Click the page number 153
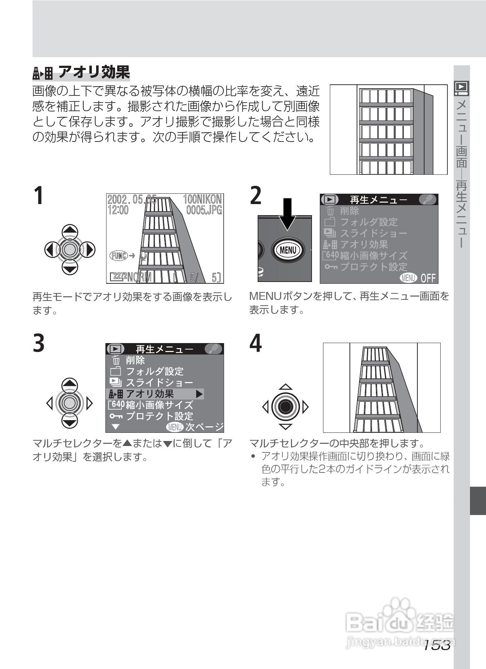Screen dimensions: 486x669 (436, 645)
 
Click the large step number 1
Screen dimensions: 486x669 (38, 196)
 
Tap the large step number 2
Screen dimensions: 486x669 (255, 196)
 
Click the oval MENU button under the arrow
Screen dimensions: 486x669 (288, 250)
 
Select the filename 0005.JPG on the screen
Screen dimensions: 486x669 (204, 209)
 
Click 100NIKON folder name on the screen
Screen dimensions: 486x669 (202, 199)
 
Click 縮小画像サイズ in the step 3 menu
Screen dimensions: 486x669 (159, 405)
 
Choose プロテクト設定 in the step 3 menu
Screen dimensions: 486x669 (159, 416)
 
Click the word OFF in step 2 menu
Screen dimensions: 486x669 (428, 278)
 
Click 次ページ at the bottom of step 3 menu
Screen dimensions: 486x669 (204, 427)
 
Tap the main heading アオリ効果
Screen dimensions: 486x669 (94, 72)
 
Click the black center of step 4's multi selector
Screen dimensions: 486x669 (285, 407)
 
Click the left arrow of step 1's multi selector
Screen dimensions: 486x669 (49, 249)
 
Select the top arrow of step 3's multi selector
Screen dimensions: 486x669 (70, 384)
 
